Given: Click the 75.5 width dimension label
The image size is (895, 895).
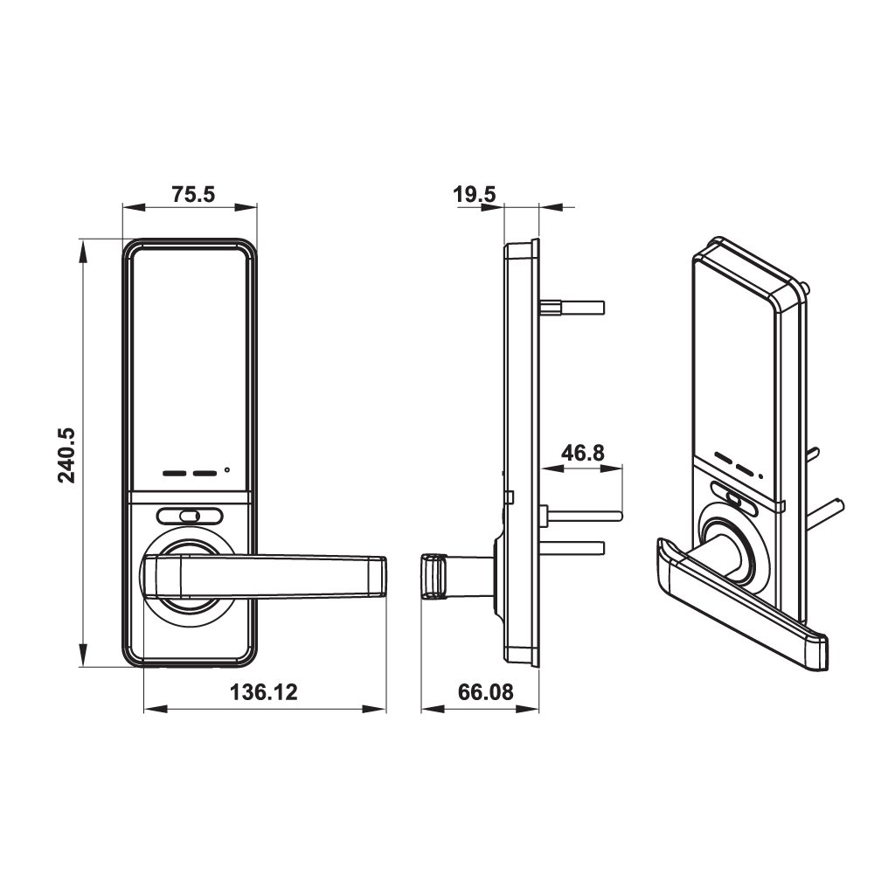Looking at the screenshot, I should coord(192,194).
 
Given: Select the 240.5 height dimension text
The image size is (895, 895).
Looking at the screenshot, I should coord(69,454).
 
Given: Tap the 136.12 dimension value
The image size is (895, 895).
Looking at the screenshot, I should coord(263,692).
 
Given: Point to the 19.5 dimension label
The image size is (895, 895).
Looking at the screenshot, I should coord(475,194).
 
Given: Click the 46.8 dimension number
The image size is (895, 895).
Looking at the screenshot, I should coord(582,453).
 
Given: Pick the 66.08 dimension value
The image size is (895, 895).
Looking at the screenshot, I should coord(485,692).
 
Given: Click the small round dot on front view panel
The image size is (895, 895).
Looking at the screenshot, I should coord(227,471).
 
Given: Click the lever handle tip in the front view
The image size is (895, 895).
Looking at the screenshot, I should coord(376,578).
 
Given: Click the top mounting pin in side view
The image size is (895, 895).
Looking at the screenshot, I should coord(572,307).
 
